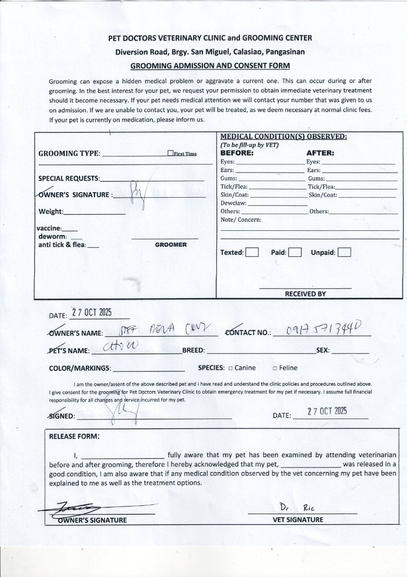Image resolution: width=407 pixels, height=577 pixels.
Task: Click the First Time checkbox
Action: [x=170, y=153]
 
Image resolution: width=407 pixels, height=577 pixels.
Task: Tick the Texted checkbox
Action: [x=252, y=252]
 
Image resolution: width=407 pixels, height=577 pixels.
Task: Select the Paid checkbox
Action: [x=295, y=252]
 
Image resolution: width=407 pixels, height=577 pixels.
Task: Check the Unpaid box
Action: [x=344, y=252]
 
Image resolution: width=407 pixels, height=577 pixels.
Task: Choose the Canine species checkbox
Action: [x=230, y=368]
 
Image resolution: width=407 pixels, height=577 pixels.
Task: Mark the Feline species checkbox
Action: [x=275, y=368]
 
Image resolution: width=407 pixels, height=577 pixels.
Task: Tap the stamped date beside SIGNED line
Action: [x=327, y=411]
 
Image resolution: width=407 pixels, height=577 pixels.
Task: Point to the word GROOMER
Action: [x=171, y=245]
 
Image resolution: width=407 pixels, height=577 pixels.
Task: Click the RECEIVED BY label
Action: [x=305, y=294]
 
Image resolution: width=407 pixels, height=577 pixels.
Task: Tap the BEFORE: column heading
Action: [x=237, y=153]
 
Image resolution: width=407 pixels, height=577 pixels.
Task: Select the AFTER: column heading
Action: [x=320, y=153]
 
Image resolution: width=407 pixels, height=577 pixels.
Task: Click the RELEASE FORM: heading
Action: [x=74, y=436]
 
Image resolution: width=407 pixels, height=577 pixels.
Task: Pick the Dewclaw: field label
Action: [x=233, y=203]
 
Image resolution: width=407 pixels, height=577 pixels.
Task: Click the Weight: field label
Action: [x=51, y=212]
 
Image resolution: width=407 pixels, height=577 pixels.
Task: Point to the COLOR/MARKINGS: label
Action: [x=80, y=368]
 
